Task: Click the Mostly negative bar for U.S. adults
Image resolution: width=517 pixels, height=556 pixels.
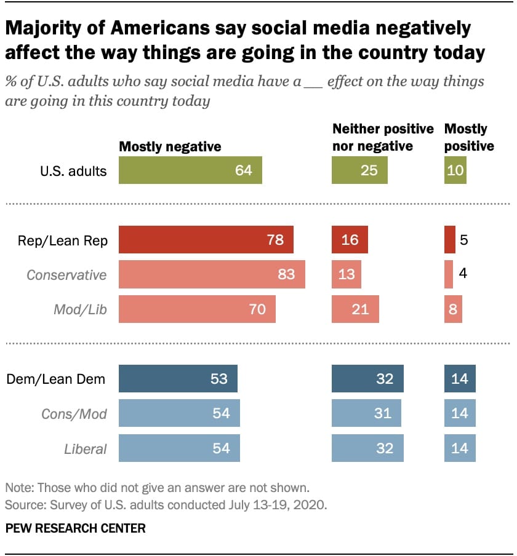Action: [190, 170]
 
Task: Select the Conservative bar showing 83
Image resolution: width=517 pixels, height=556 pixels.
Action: [212, 274]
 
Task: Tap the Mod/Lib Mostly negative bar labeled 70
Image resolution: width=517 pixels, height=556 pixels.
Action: [197, 309]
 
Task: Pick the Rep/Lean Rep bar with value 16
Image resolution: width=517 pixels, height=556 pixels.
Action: [350, 239]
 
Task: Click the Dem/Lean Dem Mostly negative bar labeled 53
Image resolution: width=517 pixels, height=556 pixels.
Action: [178, 379]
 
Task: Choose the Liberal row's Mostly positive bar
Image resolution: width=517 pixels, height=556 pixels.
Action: [460, 448]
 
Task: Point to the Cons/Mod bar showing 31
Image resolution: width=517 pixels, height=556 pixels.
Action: [366, 413]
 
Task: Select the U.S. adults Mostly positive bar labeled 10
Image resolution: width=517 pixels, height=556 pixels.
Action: [455, 170]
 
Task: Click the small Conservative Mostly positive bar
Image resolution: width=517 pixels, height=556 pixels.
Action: [448, 274]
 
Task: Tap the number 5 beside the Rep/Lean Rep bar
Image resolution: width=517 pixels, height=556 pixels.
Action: [463, 240]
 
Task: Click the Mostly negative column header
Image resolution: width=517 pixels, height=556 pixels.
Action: [170, 146]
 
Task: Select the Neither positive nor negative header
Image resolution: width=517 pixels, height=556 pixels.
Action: [383, 137]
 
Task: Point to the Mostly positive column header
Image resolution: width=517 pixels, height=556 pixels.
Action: [469, 137]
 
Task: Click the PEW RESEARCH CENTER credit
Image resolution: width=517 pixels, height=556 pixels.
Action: [76, 528]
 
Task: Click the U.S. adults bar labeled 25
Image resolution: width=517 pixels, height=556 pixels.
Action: [359, 170]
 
